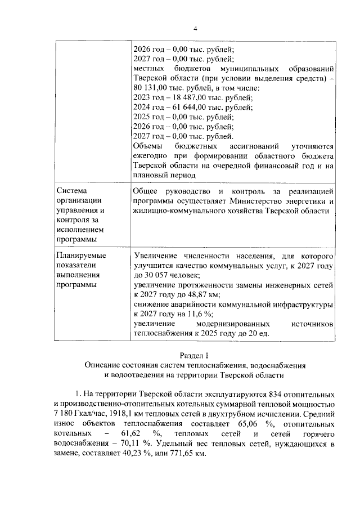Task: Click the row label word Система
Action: click(71, 191)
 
